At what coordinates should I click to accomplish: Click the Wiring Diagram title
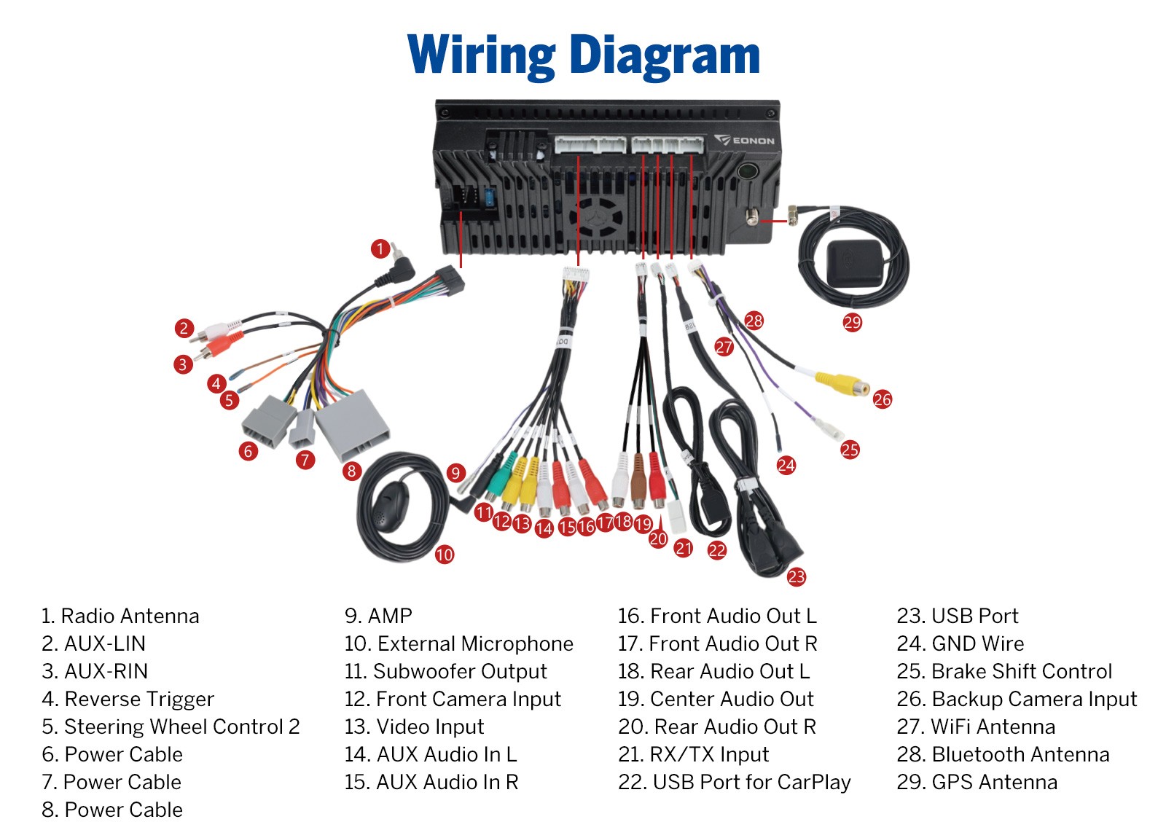[x=584, y=55]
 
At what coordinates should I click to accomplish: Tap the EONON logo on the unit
[x=744, y=140]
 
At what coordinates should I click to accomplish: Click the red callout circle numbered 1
[x=380, y=248]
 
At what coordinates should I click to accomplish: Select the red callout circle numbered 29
[x=852, y=322]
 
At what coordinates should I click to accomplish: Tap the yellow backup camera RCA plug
[x=841, y=383]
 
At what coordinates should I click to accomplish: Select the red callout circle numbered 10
[x=445, y=555]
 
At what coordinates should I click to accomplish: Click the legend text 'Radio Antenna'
[x=130, y=616]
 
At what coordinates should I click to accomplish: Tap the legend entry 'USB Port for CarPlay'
[x=751, y=783]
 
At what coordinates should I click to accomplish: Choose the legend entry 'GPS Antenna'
[x=995, y=783]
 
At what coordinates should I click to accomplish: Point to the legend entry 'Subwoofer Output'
[x=460, y=671]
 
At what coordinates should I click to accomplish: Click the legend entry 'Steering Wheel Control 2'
[x=182, y=727]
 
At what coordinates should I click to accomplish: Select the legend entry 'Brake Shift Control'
[x=1022, y=671]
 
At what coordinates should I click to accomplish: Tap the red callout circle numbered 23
[x=797, y=576]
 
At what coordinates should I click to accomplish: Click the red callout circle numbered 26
[x=883, y=400]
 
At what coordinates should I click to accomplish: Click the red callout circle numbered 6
[x=249, y=451]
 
